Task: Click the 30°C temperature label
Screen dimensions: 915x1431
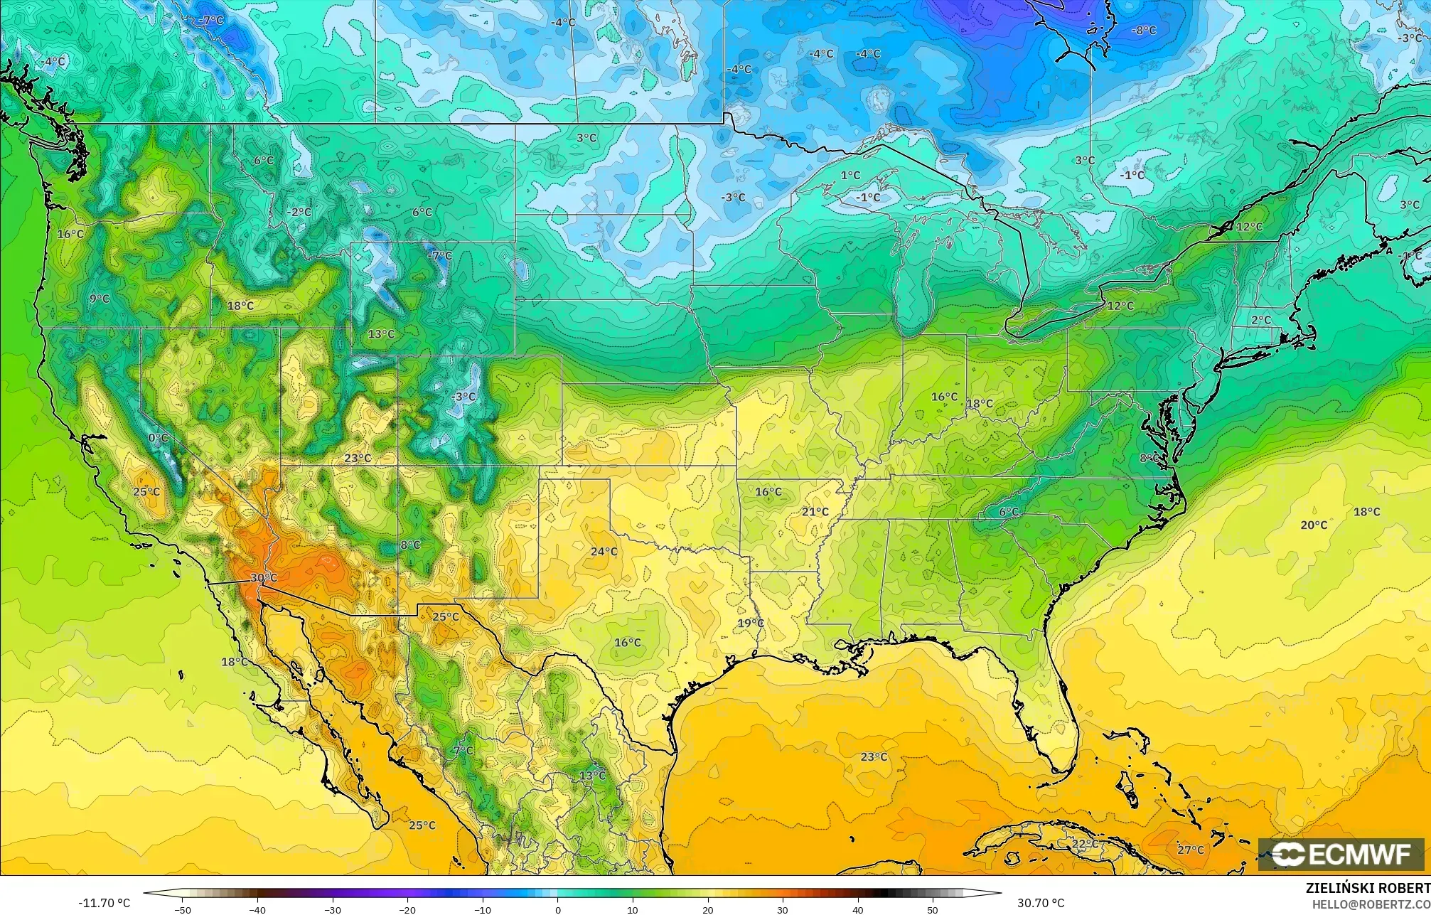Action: point(263,578)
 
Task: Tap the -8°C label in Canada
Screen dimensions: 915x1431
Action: point(1144,31)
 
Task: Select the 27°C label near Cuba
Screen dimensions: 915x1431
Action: point(1191,850)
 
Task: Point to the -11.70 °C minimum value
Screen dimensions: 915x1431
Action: point(104,903)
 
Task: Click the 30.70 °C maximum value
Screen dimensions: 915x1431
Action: point(1040,903)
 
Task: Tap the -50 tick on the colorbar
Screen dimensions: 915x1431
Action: point(183,910)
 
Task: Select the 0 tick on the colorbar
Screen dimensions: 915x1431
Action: point(558,910)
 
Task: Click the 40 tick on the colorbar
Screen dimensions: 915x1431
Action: point(858,910)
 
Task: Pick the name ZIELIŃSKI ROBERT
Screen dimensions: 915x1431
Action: point(1368,888)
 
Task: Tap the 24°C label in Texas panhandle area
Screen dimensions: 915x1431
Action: point(604,551)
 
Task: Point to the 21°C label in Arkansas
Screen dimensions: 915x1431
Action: point(815,511)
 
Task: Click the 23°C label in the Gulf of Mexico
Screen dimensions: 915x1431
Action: point(874,756)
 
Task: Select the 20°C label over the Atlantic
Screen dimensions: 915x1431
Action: point(1314,525)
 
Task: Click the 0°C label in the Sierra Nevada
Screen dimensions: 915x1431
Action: point(159,437)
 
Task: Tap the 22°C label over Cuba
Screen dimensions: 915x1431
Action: point(1084,843)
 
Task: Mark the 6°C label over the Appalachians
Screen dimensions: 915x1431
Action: point(1009,511)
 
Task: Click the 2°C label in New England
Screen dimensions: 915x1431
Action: point(1260,320)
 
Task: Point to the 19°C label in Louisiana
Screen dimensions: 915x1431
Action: point(750,623)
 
